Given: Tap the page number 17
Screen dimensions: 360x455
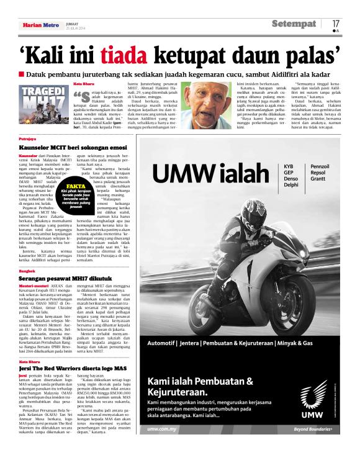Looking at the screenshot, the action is (x=336, y=23).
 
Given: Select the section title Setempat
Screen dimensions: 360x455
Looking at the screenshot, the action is (x=294, y=24).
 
